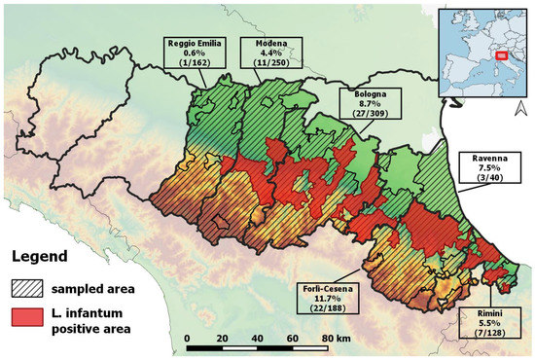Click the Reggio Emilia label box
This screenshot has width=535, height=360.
tap(193, 54)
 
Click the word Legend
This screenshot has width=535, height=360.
tap(38, 257)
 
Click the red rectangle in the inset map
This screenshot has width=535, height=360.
tap(502, 55)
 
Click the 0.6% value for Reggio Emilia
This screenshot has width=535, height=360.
tap(193, 54)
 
